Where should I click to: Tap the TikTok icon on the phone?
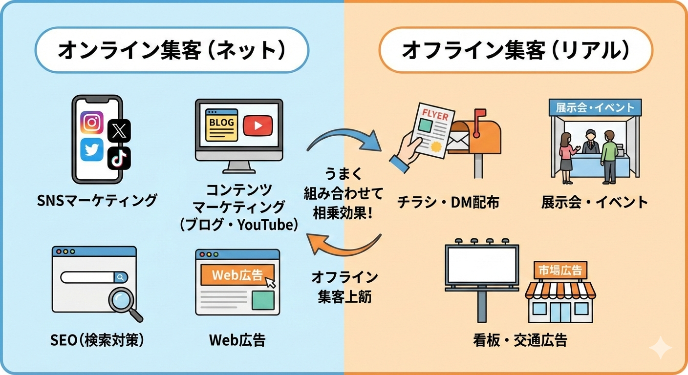click(x=119, y=157)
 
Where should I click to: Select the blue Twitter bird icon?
click(x=92, y=150)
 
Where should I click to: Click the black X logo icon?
click(x=119, y=130)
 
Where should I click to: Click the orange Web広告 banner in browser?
click(x=237, y=275)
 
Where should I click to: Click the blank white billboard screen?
click(x=482, y=264)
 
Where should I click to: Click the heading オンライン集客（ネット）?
click(x=171, y=50)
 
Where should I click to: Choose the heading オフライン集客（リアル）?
click(x=516, y=50)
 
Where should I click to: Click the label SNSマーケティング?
click(x=97, y=200)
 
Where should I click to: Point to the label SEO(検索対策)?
click(x=97, y=340)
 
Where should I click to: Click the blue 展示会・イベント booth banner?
click(x=594, y=107)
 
